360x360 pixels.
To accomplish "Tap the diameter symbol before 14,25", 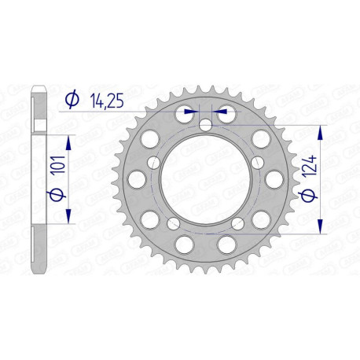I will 72,99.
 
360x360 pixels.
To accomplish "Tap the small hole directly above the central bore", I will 205,123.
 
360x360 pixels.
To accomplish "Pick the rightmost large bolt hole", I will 274,179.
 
